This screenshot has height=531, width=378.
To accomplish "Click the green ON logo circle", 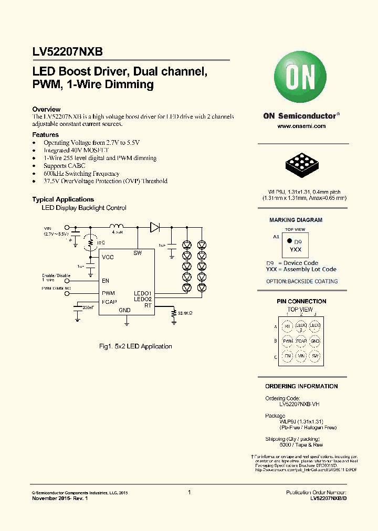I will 301,79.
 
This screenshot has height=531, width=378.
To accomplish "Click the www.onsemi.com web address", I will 301,126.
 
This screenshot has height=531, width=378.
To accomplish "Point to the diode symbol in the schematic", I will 155,227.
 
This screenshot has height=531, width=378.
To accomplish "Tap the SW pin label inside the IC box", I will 138,253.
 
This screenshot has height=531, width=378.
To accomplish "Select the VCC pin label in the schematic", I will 108,257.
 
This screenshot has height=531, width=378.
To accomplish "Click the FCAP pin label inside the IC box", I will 109,301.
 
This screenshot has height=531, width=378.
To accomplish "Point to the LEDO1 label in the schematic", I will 142,293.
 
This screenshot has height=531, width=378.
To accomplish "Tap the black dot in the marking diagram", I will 288,242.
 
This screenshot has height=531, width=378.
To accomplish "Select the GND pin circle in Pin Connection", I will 314,341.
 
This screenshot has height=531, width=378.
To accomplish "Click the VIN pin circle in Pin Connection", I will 301,356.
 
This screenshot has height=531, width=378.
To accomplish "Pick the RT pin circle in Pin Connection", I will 287,326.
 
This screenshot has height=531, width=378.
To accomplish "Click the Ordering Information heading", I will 301,386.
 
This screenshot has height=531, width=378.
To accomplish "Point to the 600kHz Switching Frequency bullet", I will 81,174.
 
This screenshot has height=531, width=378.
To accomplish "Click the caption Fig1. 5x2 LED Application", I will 135,346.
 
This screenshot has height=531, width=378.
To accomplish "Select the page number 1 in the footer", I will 189,492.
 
